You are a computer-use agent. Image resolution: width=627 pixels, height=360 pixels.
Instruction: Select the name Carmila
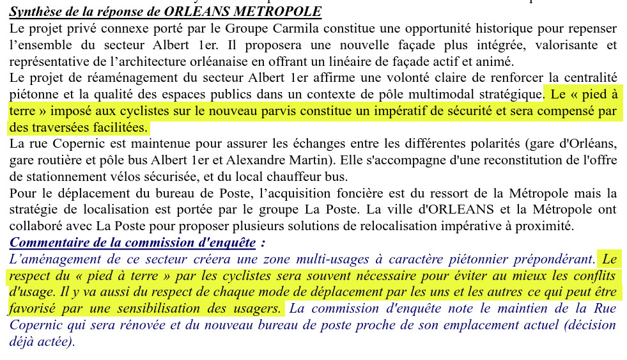[314, 29]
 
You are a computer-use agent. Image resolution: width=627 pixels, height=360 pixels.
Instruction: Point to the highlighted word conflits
[594, 276]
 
